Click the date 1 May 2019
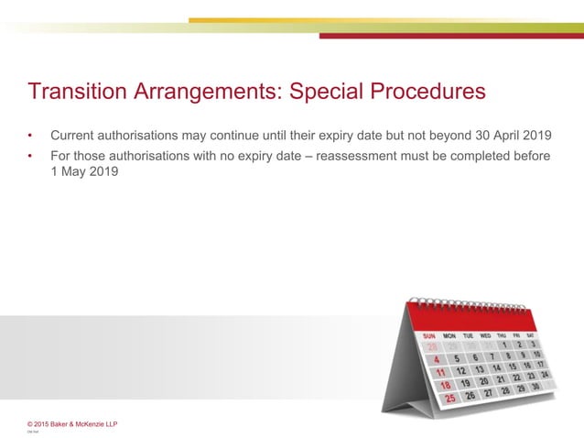tap(84, 171)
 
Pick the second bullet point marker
tap(30, 157)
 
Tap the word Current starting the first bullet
tap(75, 136)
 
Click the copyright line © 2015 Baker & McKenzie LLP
tap(72, 423)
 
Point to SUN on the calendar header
tap(430, 335)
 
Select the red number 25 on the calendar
tap(450, 399)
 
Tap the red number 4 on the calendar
tap(437, 360)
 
